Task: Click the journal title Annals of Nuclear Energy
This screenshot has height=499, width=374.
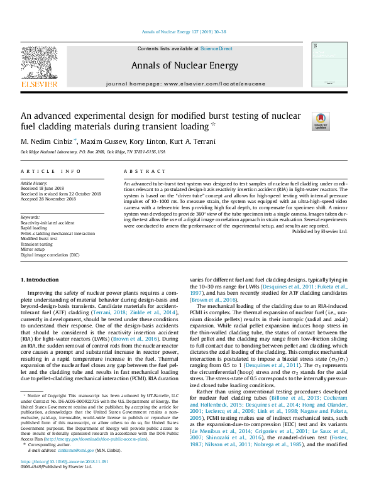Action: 184,65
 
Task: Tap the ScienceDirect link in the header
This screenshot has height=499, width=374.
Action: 216,48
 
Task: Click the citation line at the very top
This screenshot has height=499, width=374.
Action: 184,31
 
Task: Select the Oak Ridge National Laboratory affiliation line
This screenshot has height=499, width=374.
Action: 93,152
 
